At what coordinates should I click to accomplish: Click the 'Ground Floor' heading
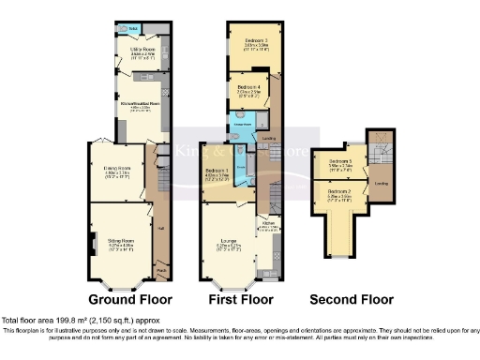[x=130, y=301]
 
